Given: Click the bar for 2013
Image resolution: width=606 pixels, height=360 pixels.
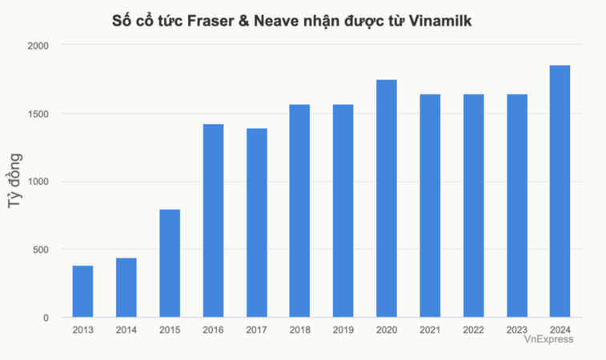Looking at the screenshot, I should pos(82,291).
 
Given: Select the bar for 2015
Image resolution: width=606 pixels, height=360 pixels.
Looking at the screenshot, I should pos(170,263).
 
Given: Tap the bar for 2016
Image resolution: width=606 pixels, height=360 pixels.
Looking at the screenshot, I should pos(213,221).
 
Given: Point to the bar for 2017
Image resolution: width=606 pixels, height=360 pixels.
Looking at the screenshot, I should pos(256,222).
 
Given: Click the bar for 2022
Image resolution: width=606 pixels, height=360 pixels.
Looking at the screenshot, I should pos(473,206).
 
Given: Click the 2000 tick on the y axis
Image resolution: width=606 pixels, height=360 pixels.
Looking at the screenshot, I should pos(38,46).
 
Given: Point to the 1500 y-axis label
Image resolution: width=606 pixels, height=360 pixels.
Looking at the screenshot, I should pos(38,114).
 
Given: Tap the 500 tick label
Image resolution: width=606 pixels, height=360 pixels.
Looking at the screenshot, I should pos(41,250).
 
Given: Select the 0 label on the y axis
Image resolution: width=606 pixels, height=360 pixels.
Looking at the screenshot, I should pos(46,318).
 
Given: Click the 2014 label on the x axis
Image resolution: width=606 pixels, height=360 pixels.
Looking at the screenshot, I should pos(126,330).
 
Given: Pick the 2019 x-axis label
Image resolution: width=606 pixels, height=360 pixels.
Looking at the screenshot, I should pos(343,330).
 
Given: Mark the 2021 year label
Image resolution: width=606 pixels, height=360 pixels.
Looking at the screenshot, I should pos(430,330).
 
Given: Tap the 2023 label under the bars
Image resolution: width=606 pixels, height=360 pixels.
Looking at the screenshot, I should pos(516,330).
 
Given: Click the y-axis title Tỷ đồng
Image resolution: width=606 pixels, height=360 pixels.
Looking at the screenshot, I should pos(14,182).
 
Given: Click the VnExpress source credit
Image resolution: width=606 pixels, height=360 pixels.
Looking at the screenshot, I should pos(548,340).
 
